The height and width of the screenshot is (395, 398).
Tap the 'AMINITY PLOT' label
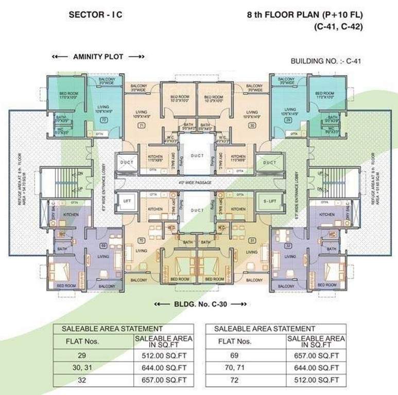pyautogui.click(x=98, y=57)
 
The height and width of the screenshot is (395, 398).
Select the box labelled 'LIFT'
pyautogui.click(x=127, y=201)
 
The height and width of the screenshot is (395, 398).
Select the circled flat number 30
pyautogui.click(x=252, y=125)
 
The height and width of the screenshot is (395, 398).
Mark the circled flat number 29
pyautogui.click(x=289, y=120)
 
